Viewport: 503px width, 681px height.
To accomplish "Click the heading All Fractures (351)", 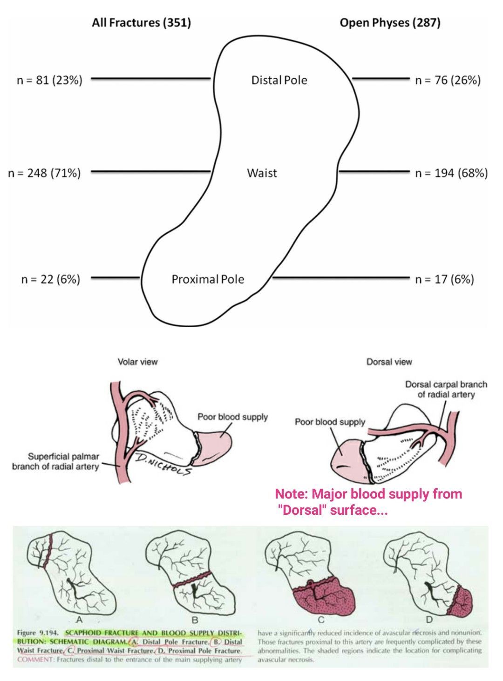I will (141, 23).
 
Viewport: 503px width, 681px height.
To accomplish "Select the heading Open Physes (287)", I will (390, 23).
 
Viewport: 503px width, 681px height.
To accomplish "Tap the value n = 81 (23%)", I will (49, 80).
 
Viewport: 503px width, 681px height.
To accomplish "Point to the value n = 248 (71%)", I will (44, 173).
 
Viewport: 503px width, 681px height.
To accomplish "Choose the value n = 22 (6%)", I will (50, 279).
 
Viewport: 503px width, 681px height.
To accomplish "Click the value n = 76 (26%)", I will (448, 80).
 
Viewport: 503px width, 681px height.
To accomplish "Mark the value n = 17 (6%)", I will (444, 279).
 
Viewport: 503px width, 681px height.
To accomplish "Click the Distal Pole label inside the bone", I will (279, 80).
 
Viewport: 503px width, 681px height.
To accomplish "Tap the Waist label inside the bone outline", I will (262, 173).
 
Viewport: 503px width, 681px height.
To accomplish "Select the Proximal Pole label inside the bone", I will (208, 279).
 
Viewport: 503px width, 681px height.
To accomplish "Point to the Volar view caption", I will (137, 362).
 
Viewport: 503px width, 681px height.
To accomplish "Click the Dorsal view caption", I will (389, 362).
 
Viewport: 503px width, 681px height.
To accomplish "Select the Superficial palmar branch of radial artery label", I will (56, 461).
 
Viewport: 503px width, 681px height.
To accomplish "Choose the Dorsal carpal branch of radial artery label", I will (446, 390).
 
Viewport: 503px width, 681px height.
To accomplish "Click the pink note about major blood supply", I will (368, 502).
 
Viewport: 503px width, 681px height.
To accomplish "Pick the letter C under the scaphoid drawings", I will (321, 620).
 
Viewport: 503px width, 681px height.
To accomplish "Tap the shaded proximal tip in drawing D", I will (461, 600).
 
